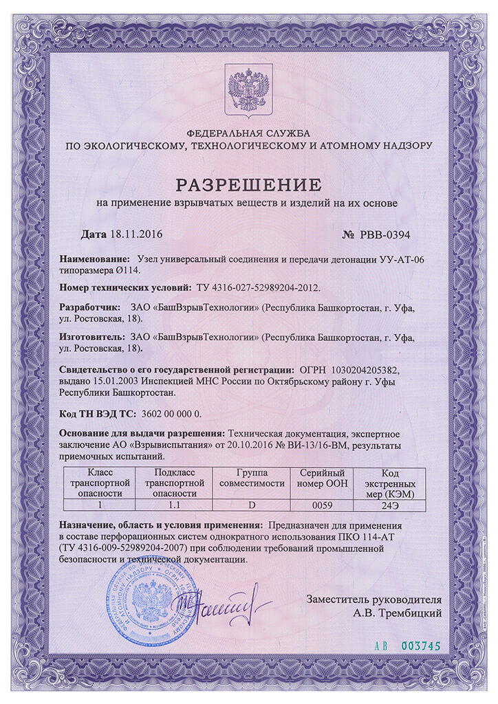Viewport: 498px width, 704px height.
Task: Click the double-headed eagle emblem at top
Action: [x=249, y=89]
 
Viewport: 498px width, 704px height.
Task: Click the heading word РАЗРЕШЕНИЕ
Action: [x=249, y=184]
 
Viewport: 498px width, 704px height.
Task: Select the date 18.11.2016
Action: [x=136, y=234]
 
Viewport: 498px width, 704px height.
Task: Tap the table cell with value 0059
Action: [x=322, y=505]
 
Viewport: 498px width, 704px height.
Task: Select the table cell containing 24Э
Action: [x=390, y=505]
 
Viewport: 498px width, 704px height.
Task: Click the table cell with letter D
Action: [x=251, y=505]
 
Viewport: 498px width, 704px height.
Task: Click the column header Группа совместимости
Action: [x=251, y=478]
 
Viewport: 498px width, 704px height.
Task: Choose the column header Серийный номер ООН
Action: [x=322, y=478]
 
